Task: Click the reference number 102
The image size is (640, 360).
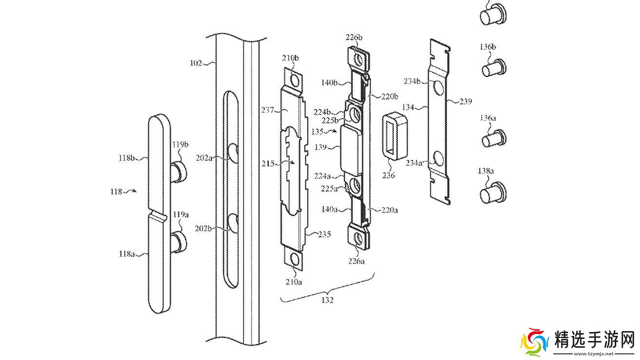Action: pyautogui.click(x=196, y=63)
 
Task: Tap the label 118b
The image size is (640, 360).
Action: pyautogui.click(x=126, y=158)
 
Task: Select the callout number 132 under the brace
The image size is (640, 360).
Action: pyautogui.click(x=327, y=300)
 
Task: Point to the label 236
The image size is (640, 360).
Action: pyautogui.click(x=389, y=175)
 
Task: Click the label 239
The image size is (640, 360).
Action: pyautogui.click(x=466, y=101)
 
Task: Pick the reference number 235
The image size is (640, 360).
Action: pyautogui.click(x=324, y=234)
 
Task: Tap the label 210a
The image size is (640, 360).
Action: pyautogui.click(x=294, y=282)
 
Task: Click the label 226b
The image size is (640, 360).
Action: pyautogui.click(x=354, y=38)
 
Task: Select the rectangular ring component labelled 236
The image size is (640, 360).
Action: pyautogui.click(x=395, y=136)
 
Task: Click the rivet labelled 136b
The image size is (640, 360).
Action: pyautogui.click(x=494, y=68)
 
